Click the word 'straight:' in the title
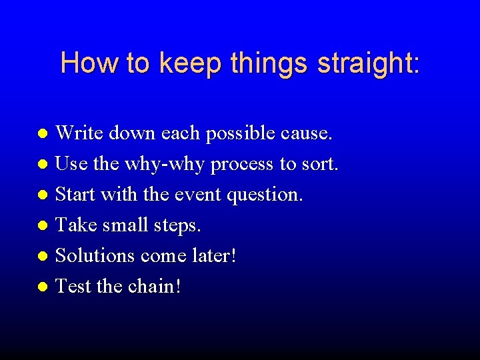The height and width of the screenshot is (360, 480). coord(369,64)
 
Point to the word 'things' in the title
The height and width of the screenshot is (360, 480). coord(271,64)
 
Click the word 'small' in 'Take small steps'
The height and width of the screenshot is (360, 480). coord(125,225)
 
